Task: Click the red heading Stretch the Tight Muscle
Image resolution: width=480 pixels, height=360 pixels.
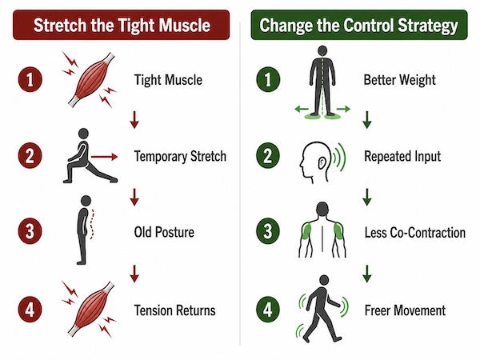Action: click(x=122, y=25)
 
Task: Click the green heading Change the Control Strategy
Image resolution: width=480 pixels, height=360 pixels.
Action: click(x=358, y=25)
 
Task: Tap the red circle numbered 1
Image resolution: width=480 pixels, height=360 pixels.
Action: click(x=30, y=79)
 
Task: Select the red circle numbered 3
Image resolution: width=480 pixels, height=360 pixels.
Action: click(x=30, y=231)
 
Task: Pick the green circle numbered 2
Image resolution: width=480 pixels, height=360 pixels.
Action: click(x=268, y=156)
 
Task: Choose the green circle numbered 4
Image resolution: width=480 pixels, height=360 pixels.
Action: click(x=268, y=310)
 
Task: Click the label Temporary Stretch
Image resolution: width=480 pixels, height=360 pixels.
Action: click(x=180, y=156)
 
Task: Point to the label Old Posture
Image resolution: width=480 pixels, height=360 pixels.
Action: click(x=164, y=232)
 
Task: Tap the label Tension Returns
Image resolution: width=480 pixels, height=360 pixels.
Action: click(x=174, y=310)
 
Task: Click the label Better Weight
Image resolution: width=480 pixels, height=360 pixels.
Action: click(x=399, y=80)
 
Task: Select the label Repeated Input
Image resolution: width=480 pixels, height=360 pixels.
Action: click(x=402, y=157)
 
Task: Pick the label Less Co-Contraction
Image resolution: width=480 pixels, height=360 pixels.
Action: click(x=414, y=233)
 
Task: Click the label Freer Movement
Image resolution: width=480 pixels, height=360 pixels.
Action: click(x=405, y=310)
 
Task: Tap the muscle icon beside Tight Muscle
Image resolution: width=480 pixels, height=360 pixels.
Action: click(x=91, y=79)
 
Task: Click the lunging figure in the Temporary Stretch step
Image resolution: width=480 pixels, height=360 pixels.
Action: click(x=89, y=156)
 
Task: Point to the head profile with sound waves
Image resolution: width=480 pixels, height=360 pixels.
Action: click(x=322, y=162)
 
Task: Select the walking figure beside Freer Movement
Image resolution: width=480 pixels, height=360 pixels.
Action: click(x=322, y=309)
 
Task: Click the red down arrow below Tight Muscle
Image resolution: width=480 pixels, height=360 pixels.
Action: click(x=134, y=120)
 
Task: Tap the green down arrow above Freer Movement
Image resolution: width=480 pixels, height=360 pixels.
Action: click(x=367, y=274)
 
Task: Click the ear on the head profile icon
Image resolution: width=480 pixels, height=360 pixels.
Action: click(x=322, y=163)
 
